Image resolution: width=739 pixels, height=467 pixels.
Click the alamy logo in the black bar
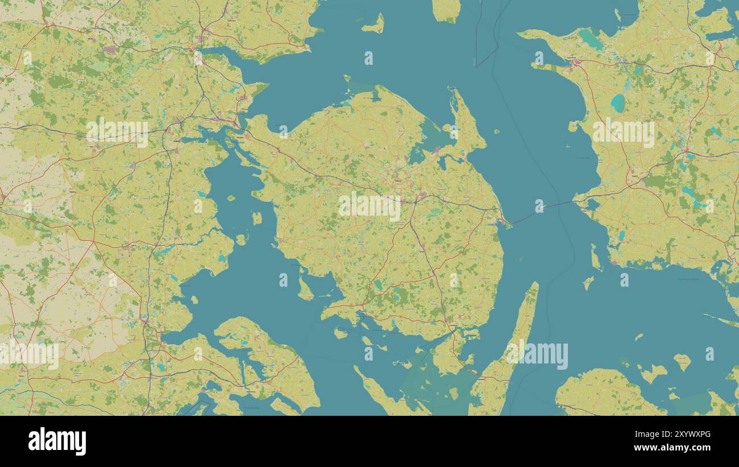(57, 441)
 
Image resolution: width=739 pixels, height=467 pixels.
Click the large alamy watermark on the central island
(369, 206)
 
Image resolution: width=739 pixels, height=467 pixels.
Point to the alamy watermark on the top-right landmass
(623, 132)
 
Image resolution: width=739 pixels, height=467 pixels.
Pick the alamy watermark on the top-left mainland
(117, 131)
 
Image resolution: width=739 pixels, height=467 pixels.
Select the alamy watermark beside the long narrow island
(537, 355)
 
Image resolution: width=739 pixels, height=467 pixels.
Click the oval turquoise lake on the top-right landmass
(617, 103)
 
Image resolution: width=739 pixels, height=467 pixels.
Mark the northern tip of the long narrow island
(535, 284)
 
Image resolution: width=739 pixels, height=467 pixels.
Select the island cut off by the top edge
(446, 10)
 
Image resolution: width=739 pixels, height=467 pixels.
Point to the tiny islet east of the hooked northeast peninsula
(496, 131)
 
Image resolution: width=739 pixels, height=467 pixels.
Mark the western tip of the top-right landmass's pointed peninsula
(520, 35)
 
